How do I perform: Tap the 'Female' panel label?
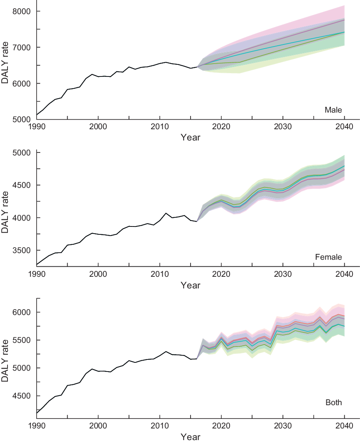[x=328, y=257]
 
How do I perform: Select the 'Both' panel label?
[x=334, y=402]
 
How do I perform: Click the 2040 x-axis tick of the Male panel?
[x=344, y=127]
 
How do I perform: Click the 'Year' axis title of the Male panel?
[x=190, y=137]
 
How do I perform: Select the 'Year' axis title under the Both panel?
[x=190, y=437]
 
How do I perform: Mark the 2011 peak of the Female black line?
[x=166, y=213]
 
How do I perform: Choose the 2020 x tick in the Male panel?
[x=221, y=127]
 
